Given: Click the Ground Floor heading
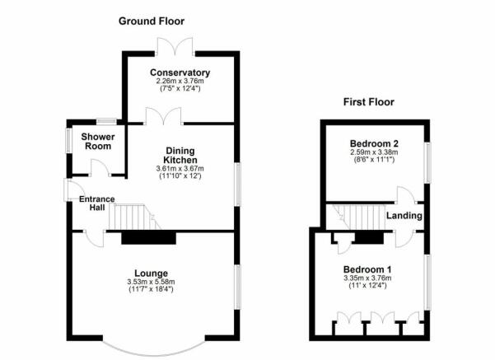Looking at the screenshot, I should pyautogui.click(x=152, y=21).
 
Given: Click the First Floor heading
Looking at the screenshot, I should pyautogui.click(x=369, y=102).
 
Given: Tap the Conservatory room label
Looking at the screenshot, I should pyautogui.click(x=181, y=72).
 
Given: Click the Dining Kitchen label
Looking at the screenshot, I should pyautogui.click(x=180, y=154).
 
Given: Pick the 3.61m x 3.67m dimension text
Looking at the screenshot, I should pyautogui.click(x=180, y=170).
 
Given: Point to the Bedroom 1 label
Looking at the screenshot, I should pyautogui.click(x=367, y=269).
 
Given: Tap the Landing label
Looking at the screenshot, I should pyautogui.click(x=405, y=216).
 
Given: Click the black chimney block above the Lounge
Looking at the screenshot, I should pyautogui.click(x=149, y=237).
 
